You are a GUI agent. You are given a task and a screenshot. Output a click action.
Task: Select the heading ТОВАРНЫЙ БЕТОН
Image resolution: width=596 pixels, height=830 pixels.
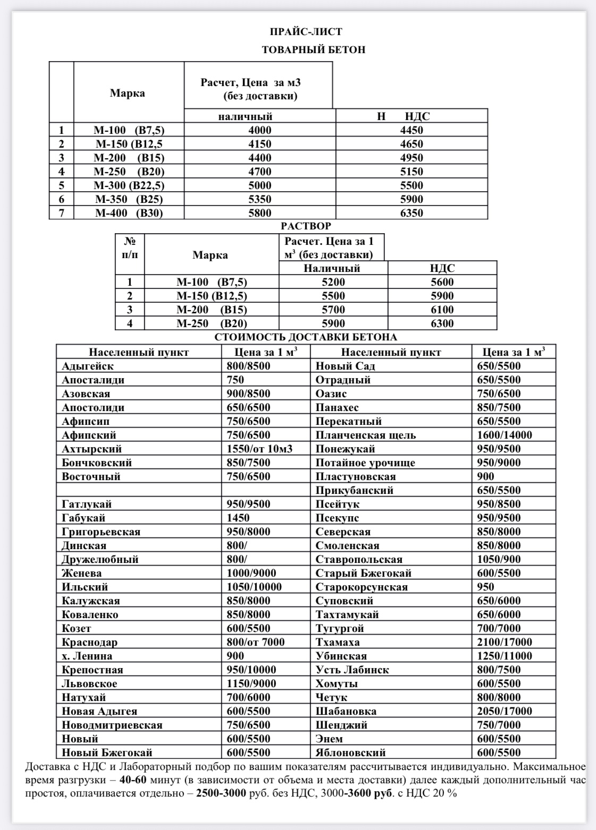pos(313,50)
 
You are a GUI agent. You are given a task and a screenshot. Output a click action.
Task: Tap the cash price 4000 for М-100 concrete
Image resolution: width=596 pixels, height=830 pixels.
pos(259,130)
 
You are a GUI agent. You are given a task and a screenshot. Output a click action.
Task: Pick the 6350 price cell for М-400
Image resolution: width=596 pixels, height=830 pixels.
pos(412,213)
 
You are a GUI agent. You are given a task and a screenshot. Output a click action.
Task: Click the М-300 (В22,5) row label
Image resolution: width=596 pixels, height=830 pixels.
pos(129,185)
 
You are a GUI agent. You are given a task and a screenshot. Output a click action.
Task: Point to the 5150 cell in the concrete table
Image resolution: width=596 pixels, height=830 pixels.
pos(412,172)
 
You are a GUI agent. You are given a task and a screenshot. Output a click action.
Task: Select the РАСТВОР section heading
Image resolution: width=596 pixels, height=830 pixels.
pos(306,226)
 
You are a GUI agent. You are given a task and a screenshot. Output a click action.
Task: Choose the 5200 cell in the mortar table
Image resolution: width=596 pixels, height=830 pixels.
pos(333,282)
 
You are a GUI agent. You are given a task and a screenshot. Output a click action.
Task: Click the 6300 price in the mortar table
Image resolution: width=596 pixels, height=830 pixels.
pos(442,323)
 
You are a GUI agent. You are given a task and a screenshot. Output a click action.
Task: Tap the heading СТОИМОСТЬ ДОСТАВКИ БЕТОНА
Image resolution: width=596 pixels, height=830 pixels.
pos(306,337)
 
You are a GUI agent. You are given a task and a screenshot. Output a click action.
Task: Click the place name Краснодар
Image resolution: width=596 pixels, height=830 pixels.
pos(89,642)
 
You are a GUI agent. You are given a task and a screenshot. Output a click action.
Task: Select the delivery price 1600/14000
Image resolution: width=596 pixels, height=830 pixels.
pos(504,435)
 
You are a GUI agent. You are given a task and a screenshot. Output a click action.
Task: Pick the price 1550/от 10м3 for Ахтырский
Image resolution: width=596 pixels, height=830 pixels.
pos(259,449)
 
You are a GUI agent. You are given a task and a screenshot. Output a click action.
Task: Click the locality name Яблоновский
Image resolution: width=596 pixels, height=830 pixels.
pos(350,752)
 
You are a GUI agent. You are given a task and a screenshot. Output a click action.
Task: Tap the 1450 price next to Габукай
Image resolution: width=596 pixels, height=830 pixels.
pos(238,518)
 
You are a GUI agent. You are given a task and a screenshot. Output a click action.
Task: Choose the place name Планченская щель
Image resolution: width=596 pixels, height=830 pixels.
pos(365,435)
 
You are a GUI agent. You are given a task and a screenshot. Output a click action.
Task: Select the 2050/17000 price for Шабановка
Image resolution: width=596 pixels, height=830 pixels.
pos(504,711)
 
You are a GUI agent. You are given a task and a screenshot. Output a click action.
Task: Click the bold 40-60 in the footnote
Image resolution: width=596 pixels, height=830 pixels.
pos(134,781)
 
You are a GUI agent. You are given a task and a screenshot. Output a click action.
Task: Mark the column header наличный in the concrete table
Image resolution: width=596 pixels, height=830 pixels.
pos(245,116)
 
